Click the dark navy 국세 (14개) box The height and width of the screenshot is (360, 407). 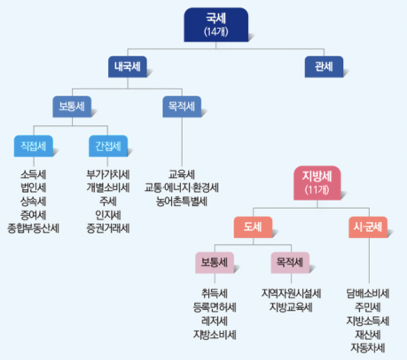[x=216, y=25]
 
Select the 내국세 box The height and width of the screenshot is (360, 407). [x=127, y=67]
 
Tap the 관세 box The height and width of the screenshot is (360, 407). [x=324, y=67]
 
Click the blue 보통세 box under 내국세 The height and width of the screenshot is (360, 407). [x=72, y=106]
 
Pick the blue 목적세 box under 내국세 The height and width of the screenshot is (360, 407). [x=181, y=106]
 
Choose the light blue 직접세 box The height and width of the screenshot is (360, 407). [x=33, y=146]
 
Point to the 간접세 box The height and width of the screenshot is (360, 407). [x=108, y=146]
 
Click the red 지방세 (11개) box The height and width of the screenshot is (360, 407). [x=316, y=183]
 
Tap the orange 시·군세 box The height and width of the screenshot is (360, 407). [x=368, y=227]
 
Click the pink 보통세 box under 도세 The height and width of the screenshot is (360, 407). [x=215, y=262]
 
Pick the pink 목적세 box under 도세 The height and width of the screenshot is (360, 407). [x=290, y=262]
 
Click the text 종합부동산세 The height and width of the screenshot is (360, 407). [x=33, y=228]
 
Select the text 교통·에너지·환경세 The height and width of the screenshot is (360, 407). [x=181, y=187]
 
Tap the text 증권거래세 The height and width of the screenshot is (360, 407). [x=108, y=228]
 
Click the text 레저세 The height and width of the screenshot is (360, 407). [x=215, y=321]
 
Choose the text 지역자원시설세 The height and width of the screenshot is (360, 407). [x=291, y=293]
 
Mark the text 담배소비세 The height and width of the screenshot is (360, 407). [x=368, y=293]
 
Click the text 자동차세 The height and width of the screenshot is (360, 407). [x=368, y=347]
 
